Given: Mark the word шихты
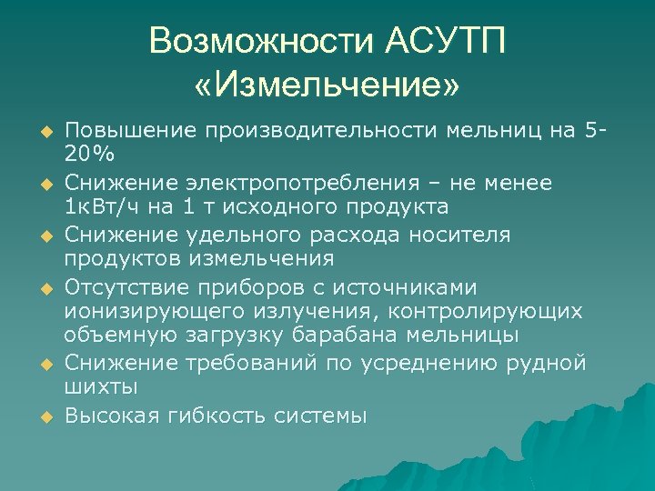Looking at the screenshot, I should click(100, 387).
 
